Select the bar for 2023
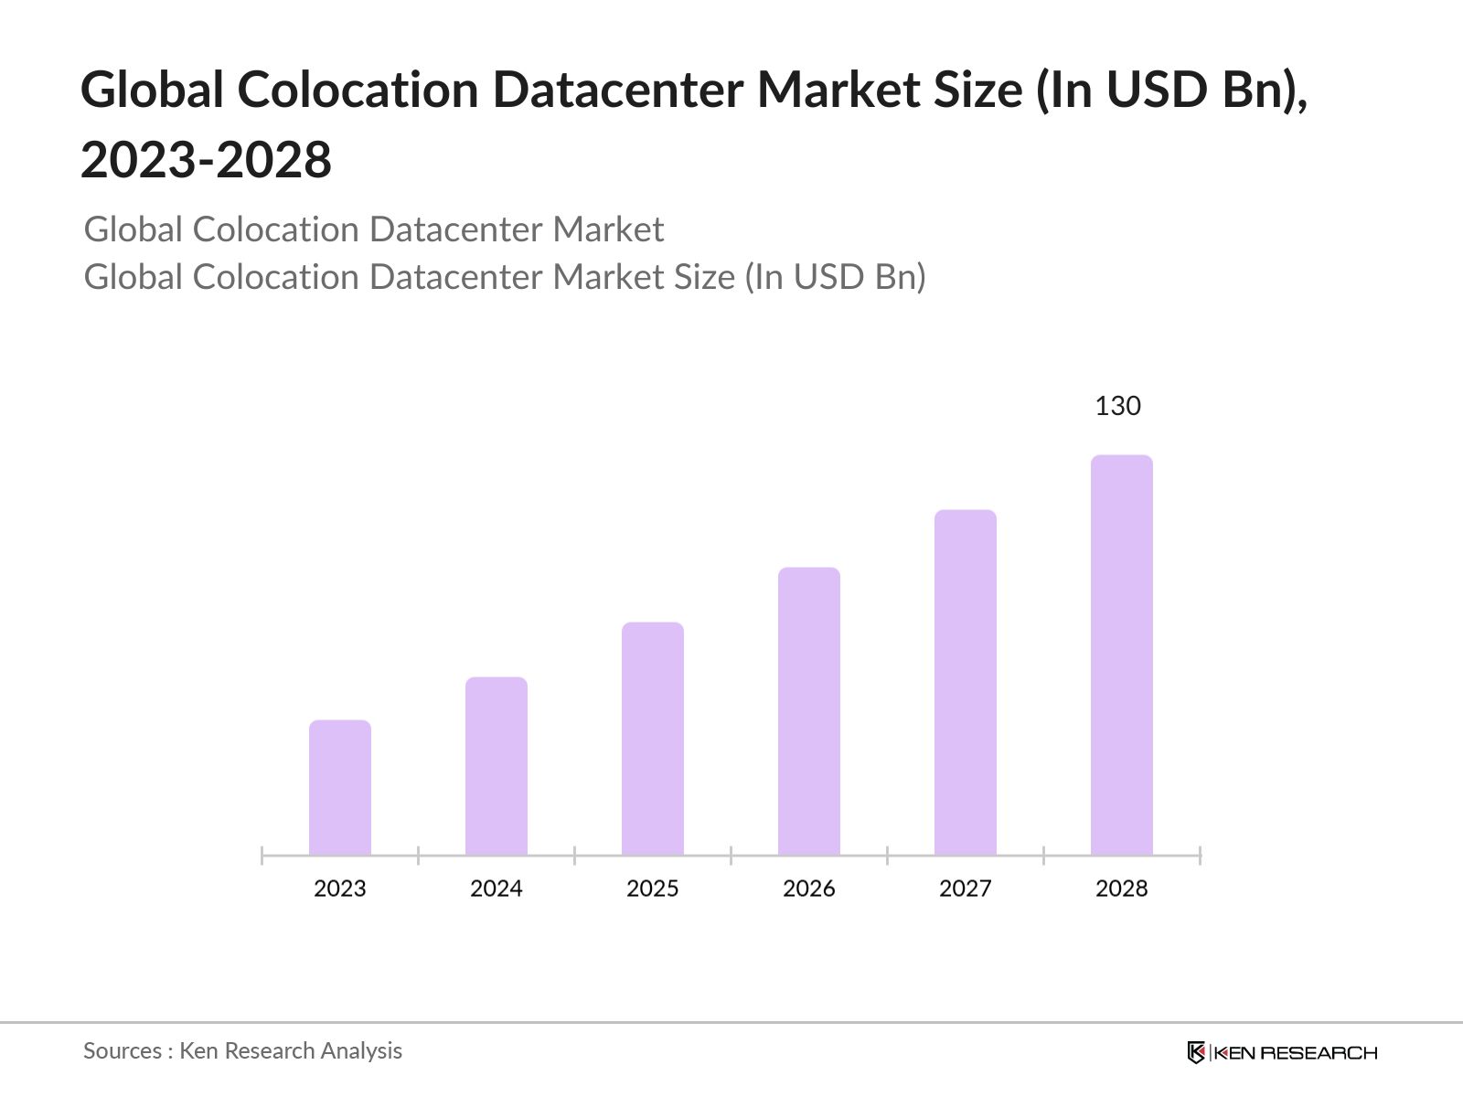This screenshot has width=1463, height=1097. (x=340, y=788)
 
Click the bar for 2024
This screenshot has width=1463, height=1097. (x=497, y=766)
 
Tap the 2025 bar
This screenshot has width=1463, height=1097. (x=653, y=739)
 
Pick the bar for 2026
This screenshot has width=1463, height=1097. (x=809, y=711)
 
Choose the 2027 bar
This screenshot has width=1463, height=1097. (x=966, y=682)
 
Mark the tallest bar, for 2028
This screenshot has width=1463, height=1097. (x=1122, y=655)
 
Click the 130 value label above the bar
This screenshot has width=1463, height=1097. (x=1117, y=406)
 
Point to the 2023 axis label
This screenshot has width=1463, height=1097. (x=340, y=889)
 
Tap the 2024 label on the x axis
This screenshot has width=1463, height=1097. (x=497, y=889)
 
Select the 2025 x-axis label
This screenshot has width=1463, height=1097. (x=653, y=889)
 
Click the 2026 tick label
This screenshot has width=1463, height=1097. (x=809, y=889)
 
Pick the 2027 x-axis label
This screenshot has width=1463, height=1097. (x=966, y=889)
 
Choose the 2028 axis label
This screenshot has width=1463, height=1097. (x=1122, y=889)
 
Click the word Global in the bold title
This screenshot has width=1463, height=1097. (x=152, y=91)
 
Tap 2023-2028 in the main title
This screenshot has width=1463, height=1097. (x=207, y=161)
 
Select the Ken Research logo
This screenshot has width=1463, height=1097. (x=1282, y=1052)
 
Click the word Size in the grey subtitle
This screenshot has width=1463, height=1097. (x=704, y=277)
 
